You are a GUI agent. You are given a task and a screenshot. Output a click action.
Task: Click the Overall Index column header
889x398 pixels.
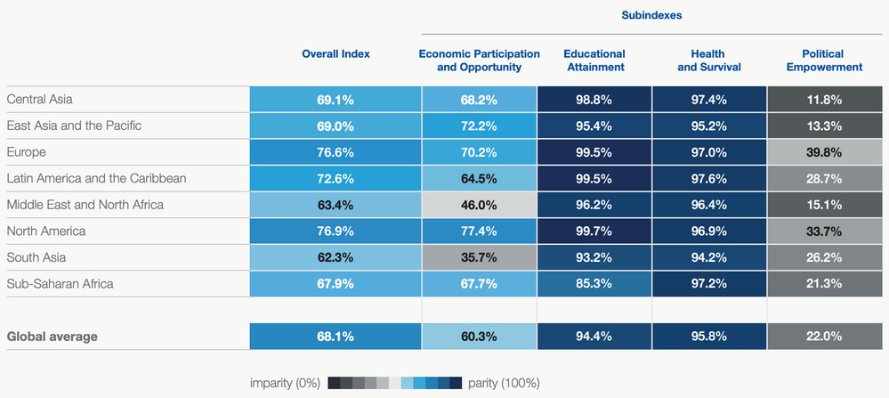click(x=335, y=54)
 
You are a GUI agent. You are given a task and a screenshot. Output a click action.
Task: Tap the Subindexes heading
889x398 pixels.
click(x=651, y=16)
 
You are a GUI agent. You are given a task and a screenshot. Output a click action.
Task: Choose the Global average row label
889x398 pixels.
click(x=52, y=337)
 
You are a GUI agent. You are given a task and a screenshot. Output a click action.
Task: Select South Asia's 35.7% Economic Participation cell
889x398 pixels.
click(x=479, y=258)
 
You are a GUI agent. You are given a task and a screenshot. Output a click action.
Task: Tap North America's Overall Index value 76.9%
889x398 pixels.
click(x=335, y=231)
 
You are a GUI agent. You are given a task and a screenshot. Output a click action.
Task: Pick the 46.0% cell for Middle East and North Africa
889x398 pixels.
click(x=479, y=205)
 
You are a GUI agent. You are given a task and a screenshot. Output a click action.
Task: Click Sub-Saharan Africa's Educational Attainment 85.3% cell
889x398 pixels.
click(x=594, y=284)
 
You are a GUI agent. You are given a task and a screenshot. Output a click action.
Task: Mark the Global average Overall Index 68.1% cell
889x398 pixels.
click(x=335, y=337)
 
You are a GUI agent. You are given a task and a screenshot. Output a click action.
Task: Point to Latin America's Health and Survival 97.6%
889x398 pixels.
click(x=708, y=179)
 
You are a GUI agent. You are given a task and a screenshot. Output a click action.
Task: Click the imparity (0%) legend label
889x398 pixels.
click(x=285, y=383)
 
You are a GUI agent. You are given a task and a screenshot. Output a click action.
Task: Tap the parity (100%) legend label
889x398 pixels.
click(x=504, y=383)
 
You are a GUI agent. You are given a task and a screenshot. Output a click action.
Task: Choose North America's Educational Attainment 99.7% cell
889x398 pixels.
click(x=594, y=231)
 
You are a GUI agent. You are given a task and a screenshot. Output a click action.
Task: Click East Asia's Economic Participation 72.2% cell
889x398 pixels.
click(x=479, y=126)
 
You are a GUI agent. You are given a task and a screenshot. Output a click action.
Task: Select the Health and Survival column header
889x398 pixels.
click(x=708, y=61)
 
